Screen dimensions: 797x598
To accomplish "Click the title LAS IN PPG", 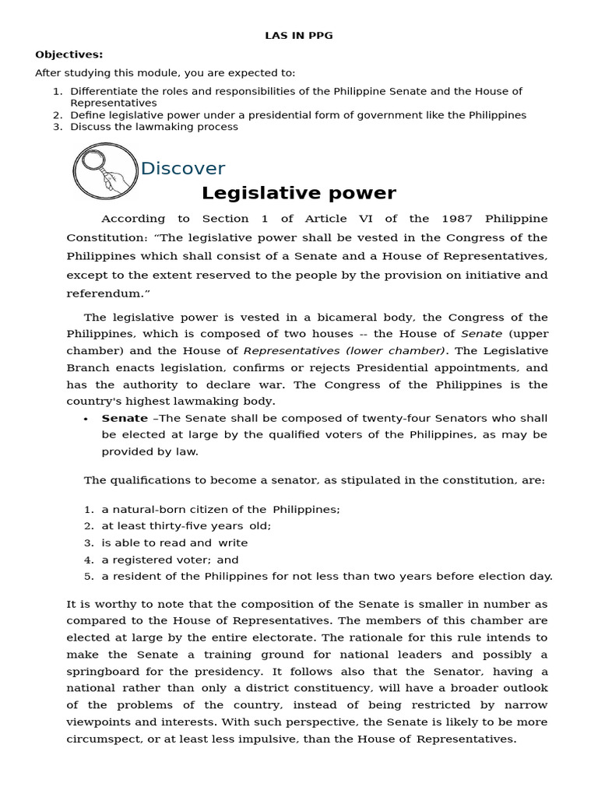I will point(299,36).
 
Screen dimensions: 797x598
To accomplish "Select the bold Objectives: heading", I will point(69,54).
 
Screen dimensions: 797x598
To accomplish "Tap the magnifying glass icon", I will point(105,170).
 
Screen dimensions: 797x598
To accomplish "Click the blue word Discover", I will point(183,169).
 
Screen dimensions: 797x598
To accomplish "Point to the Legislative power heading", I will point(299,193).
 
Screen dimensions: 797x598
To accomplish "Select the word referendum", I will point(104,293).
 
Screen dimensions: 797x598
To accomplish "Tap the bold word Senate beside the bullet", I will point(125,418).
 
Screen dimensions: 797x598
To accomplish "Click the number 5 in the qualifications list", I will point(89,577).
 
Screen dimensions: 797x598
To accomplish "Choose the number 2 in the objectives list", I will point(58,115).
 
